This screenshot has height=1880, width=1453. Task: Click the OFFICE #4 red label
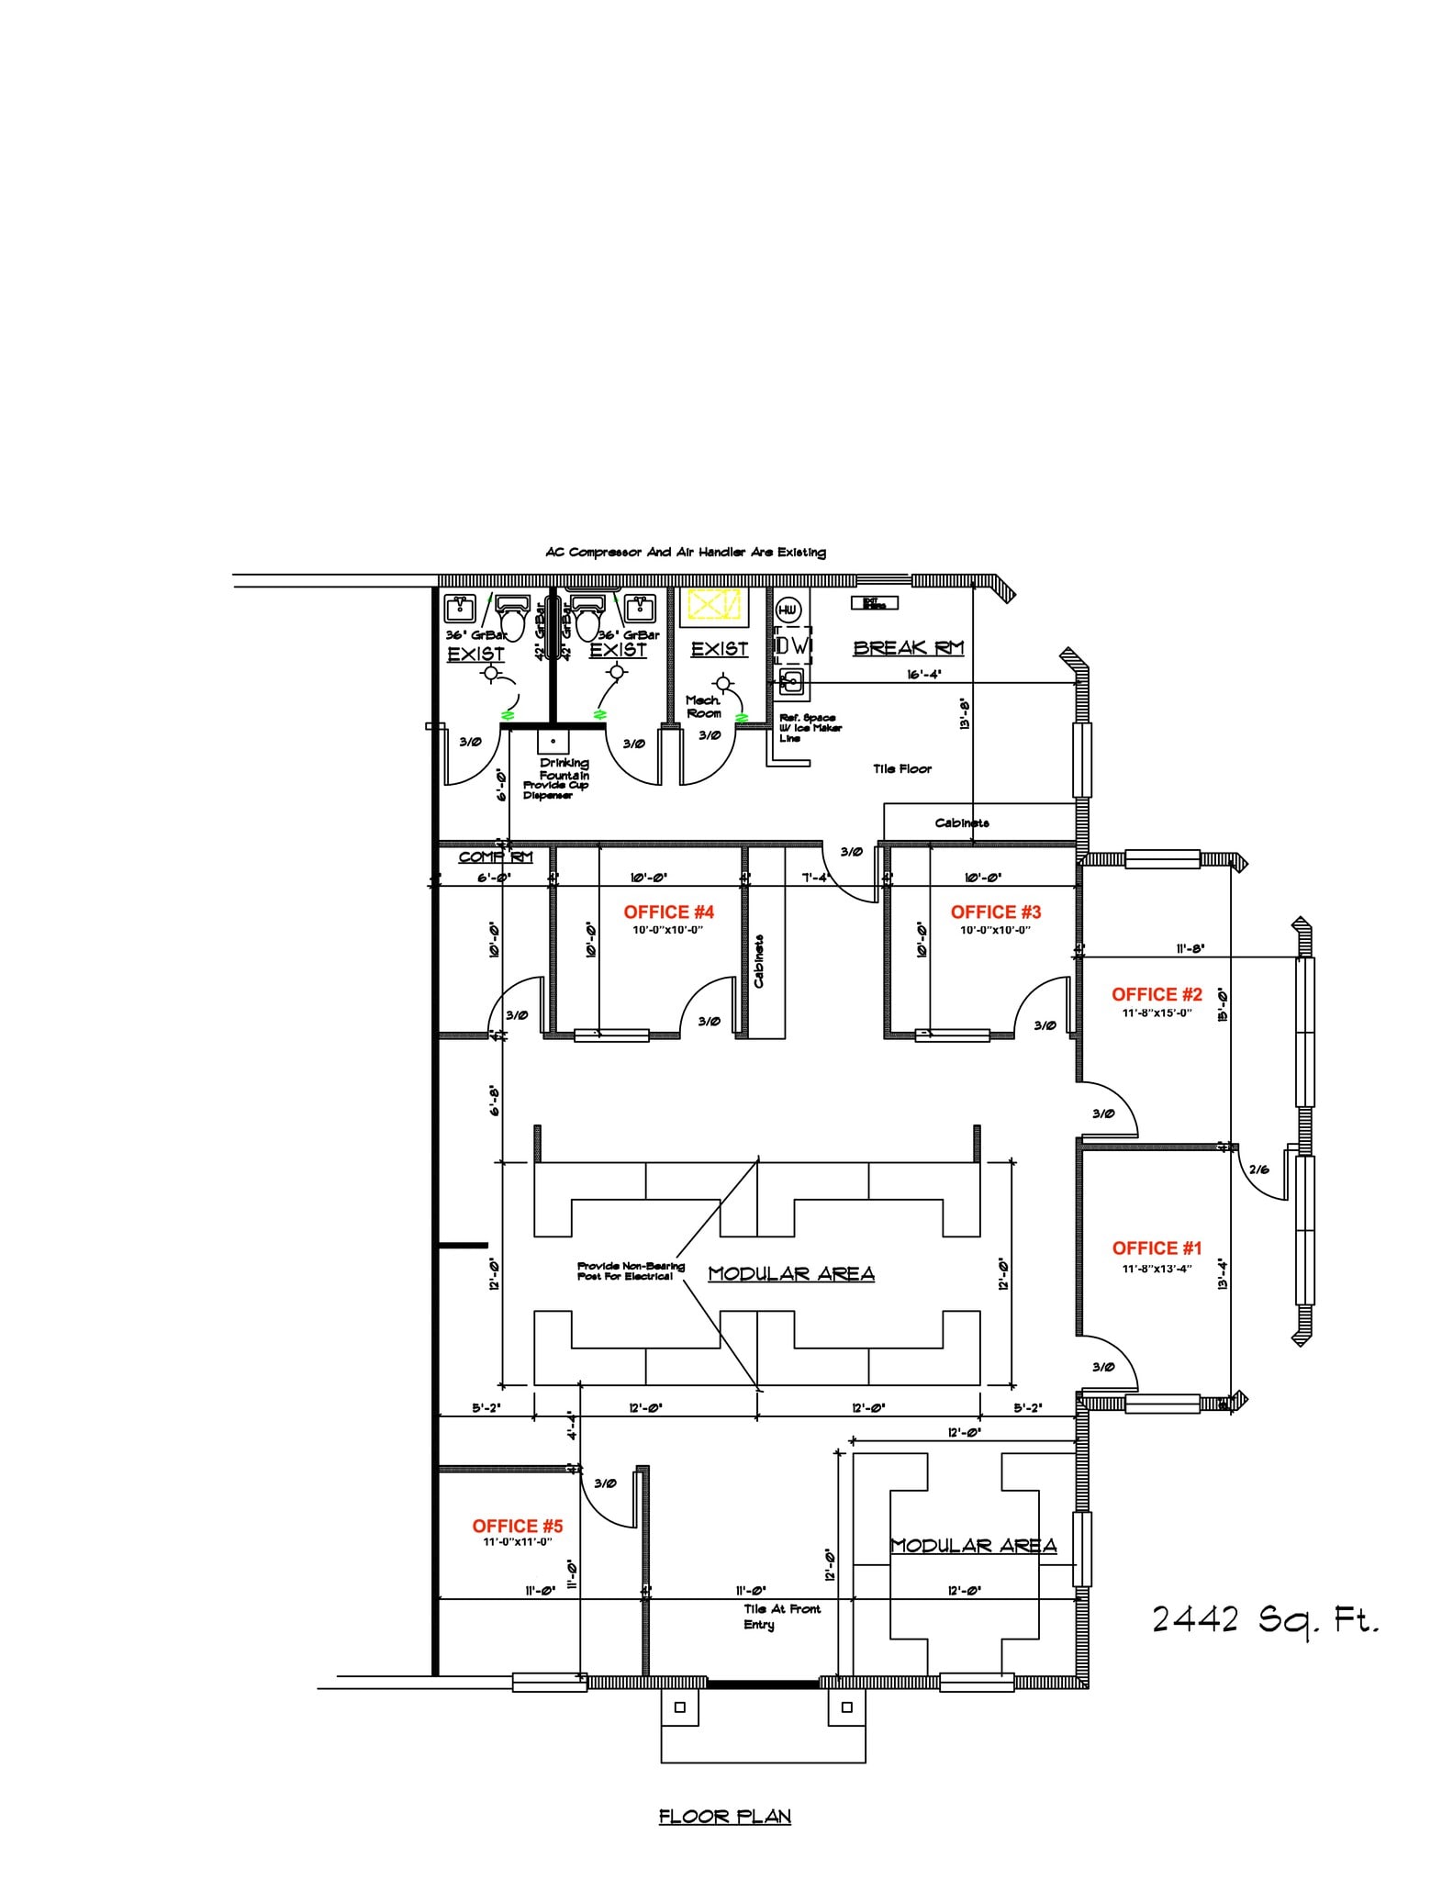point(668,912)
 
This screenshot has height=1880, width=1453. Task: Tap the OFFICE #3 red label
point(996,912)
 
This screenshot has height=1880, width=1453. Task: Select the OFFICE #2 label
point(1157,994)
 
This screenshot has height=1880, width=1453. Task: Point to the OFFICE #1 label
point(1157,1248)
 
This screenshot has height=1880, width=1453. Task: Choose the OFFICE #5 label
point(517,1526)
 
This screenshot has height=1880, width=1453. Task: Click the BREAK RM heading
point(908,648)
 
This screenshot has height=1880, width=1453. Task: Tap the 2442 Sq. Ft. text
point(1266,1620)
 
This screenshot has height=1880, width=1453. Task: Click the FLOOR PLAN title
point(724,1817)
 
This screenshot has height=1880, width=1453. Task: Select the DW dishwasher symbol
point(793,646)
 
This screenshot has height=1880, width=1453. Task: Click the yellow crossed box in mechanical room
point(714,605)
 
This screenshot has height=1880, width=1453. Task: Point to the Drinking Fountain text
point(564,769)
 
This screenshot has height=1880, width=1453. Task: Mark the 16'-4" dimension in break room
point(924,674)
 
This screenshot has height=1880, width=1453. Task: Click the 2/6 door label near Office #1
point(1259,1169)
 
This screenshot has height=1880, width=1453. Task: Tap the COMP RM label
point(495,857)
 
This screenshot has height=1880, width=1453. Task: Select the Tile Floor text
point(901,769)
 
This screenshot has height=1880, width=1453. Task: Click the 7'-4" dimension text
point(814,877)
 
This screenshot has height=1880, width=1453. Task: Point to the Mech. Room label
point(704,707)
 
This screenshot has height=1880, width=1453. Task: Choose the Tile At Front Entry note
point(781,1617)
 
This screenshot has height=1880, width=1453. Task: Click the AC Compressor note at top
point(685,553)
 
